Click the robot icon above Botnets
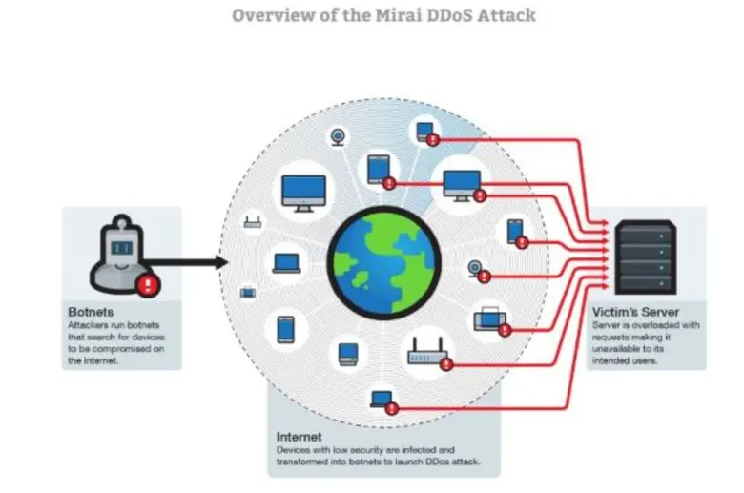coord(120,253)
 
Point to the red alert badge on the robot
coord(147,283)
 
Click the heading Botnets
coord(91,312)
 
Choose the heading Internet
coord(299,436)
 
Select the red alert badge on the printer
coord(505,330)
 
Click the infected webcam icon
coord(475,268)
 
